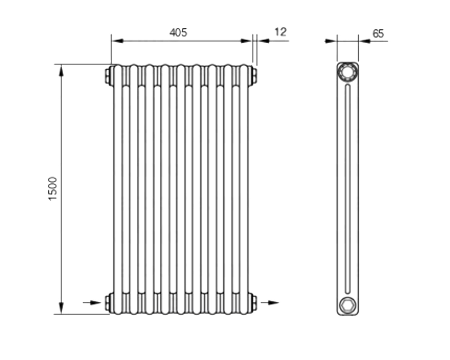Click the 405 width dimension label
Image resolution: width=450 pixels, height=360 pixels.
point(178,32)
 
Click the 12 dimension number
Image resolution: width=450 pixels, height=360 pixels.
point(280,32)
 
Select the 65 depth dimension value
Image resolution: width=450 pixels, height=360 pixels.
point(378,34)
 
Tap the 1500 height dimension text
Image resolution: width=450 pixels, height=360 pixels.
point(53,189)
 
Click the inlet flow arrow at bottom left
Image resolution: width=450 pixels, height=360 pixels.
point(92,302)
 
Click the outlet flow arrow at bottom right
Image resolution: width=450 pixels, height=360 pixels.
point(270,302)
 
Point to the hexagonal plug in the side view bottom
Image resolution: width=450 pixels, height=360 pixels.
point(347,305)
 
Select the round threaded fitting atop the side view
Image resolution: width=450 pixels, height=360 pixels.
point(347,72)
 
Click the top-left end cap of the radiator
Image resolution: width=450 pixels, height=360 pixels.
point(108,76)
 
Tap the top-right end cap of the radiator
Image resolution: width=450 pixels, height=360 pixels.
point(254,76)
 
